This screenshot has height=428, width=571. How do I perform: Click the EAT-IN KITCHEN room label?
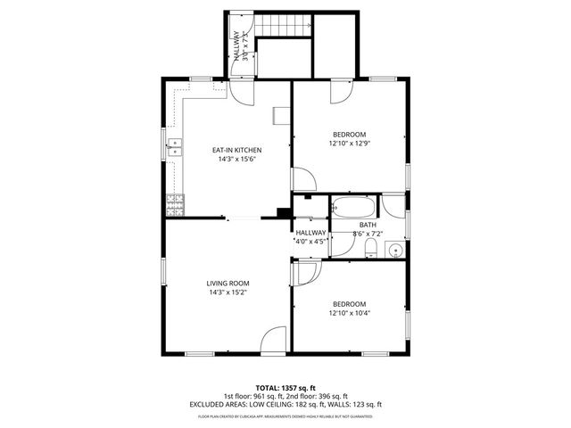[236, 150]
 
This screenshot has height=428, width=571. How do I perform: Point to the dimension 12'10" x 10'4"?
[349, 312]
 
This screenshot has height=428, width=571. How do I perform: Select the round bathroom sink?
[395, 249]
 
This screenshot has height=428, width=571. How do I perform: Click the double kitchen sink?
[174, 146]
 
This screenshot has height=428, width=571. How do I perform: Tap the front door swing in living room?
[274, 340]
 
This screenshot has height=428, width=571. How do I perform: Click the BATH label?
[368, 225]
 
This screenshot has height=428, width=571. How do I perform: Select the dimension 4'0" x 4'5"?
[310, 240]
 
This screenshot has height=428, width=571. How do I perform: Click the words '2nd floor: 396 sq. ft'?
[317, 395]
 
